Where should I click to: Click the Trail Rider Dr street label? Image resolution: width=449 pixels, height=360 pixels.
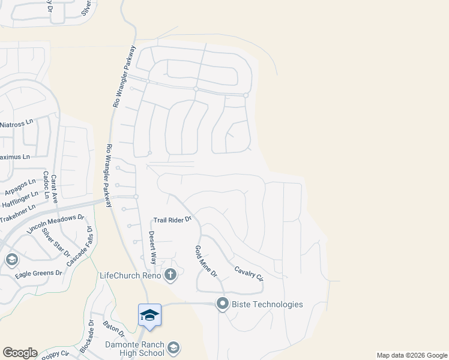click(172, 220)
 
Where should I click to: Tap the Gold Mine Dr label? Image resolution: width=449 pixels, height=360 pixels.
click(205, 261)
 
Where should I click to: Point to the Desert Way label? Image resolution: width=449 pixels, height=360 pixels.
click(152, 248)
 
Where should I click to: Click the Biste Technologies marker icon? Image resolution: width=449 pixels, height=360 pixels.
click(223, 304)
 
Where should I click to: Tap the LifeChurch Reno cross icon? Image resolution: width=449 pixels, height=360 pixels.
click(170, 275)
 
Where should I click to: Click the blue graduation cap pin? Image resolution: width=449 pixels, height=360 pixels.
click(149, 315)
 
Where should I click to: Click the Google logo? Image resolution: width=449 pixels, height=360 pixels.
click(20, 353)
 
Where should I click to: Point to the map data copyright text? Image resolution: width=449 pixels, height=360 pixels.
click(411, 355)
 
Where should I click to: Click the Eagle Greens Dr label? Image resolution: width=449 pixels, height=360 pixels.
click(39, 273)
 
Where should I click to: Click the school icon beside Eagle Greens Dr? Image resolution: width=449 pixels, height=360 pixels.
click(11, 260)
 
